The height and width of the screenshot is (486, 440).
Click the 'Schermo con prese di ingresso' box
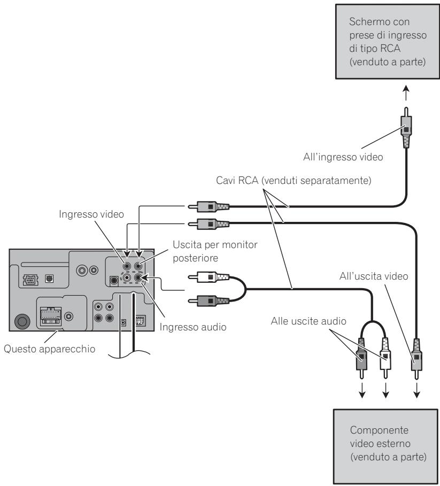[388, 42]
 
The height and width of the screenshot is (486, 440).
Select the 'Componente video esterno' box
[386, 446]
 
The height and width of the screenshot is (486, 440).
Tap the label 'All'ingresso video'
[343, 157]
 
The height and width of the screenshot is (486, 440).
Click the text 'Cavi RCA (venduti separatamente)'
[294, 180]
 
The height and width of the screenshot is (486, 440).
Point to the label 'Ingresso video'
[91, 214]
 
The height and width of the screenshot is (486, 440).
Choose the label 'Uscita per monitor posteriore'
[215, 251]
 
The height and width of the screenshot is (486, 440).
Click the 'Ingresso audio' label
[192, 327]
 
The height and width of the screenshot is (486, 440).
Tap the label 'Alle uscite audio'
[308, 321]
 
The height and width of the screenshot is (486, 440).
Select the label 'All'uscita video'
[374, 276]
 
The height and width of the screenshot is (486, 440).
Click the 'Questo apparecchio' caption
[49, 349]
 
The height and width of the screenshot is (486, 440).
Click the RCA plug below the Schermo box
[406, 128]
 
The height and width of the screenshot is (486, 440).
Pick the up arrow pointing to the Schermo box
[406, 93]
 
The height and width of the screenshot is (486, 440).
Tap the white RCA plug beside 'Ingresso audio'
[209, 277]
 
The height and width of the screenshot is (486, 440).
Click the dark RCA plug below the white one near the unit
[209, 300]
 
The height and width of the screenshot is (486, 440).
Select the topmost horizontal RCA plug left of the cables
[209, 206]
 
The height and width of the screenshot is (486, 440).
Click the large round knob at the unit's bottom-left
[22, 321]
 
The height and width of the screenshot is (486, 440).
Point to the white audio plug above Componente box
[385, 358]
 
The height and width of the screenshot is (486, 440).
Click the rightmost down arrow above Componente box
[417, 390]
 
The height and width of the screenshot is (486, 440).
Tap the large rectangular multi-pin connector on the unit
[51, 316]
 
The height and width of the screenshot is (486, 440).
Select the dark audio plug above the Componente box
[361, 358]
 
